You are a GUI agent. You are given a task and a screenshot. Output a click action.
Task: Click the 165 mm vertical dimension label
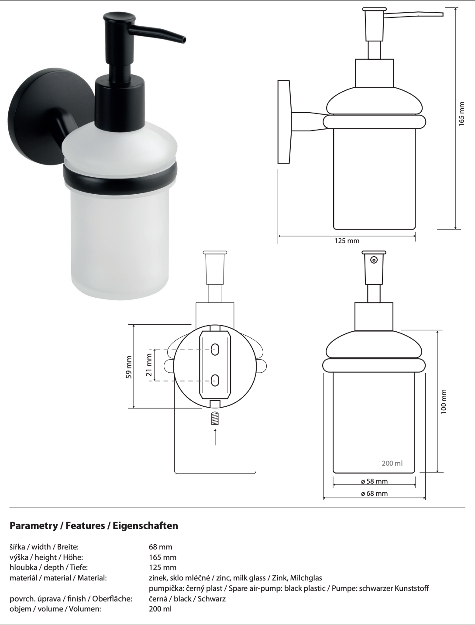tap(461, 114)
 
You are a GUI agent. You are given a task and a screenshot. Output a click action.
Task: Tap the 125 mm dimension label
tap(347, 241)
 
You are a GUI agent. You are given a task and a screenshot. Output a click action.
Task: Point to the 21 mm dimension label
tap(149, 365)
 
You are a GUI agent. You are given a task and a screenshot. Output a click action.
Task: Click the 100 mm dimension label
tap(444, 401)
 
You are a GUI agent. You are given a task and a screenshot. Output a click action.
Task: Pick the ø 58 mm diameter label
tap(374, 481)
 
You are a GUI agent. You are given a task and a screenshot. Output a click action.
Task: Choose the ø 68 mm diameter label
tap(374, 494)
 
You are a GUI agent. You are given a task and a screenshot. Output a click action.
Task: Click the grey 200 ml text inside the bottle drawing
tap(392, 463)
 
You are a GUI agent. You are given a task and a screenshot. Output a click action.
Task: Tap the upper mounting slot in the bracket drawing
tap(215, 349)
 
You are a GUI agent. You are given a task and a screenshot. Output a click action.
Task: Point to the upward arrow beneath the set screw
tap(215, 436)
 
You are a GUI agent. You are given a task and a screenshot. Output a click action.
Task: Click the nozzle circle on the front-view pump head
tap(374, 260)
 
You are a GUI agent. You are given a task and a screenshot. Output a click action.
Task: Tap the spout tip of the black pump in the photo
tap(184, 40)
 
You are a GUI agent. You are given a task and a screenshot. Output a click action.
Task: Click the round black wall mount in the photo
tap(33, 127)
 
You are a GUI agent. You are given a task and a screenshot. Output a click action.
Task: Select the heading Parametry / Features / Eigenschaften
tap(94, 525)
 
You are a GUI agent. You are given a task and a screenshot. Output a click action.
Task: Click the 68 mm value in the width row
tap(160, 547)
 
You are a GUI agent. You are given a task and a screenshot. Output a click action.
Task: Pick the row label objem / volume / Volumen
tap(55, 609)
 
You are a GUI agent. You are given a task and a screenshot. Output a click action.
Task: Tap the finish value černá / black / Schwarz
tap(187, 598)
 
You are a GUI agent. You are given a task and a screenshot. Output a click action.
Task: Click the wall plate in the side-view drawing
tap(284, 122)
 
